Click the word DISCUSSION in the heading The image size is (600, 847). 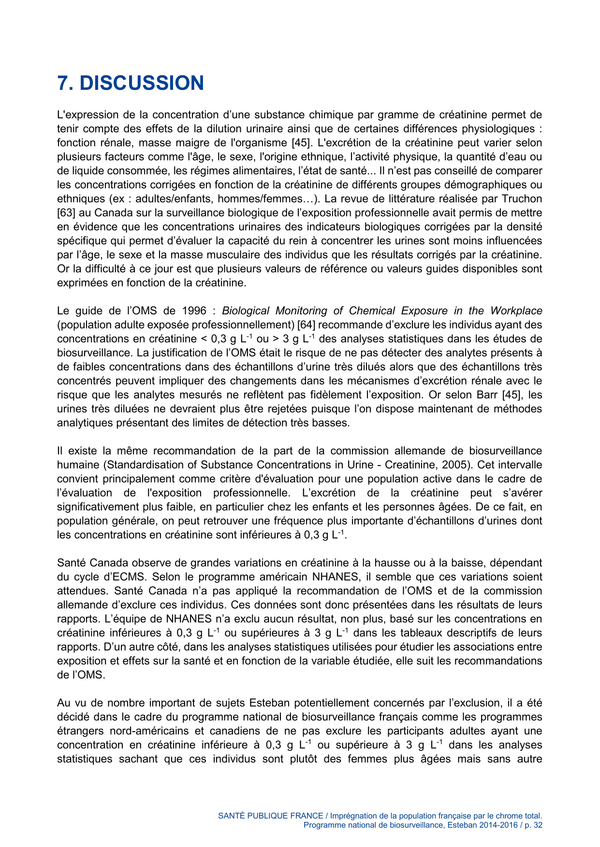tap(142, 83)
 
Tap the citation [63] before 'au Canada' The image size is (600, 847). tap(65, 213)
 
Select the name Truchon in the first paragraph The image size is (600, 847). tap(522, 199)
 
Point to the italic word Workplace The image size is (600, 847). tap(516, 311)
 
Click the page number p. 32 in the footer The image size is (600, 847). tap(534, 825)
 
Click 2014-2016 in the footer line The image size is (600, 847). tap(496, 825)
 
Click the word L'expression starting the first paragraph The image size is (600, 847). tap(88, 115)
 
